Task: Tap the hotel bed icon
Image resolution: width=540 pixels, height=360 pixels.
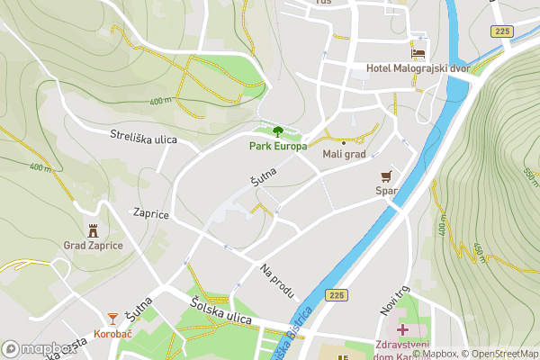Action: click(x=418, y=52)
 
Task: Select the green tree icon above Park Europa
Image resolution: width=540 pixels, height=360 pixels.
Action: click(x=277, y=131)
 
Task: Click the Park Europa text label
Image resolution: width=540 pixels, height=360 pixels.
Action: click(x=278, y=146)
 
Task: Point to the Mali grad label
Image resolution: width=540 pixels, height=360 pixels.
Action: click(x=344, y=155)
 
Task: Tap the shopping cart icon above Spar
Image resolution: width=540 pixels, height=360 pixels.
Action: click(x=387, y=175)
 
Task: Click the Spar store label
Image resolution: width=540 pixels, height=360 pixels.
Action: click(x=386, y=191)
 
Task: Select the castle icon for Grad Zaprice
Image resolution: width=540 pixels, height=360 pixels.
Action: click(x=93, y=230)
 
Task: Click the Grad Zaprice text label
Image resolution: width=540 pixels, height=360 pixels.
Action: click(x=93, y=246)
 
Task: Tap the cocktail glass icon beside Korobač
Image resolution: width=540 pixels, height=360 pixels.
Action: click(x=112, y=319)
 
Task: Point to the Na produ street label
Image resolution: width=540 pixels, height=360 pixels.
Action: click(x=277, y=281)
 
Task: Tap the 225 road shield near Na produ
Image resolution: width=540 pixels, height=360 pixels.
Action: click(x=336, y=295)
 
